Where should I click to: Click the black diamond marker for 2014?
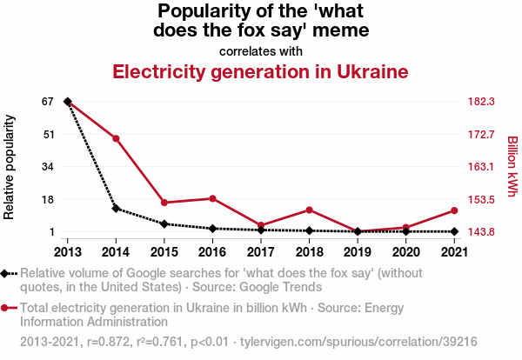(116, 209)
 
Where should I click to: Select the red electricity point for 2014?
(116, 138)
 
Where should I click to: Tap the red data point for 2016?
(212, 198)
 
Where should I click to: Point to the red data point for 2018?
(309, 210)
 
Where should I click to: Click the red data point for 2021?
(453, 210)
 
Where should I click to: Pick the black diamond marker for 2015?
(164, 223)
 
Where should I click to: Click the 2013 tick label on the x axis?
(67, 251)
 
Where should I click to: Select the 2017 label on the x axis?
(260, 251)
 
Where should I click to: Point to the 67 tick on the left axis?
(48, 102)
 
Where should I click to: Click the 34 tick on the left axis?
(48, 166)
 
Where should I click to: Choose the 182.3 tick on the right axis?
(481, 102)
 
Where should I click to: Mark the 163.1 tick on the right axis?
(481, 166)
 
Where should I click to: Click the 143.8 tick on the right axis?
(481, 231)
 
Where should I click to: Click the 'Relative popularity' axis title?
(10, 166)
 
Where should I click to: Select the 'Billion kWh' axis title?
(512, 166)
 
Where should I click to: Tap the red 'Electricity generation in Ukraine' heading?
(260, 71)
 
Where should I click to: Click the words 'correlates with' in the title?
(260, 51)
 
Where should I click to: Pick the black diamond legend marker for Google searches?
(6, 273)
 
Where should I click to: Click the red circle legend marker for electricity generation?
(6, 307)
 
